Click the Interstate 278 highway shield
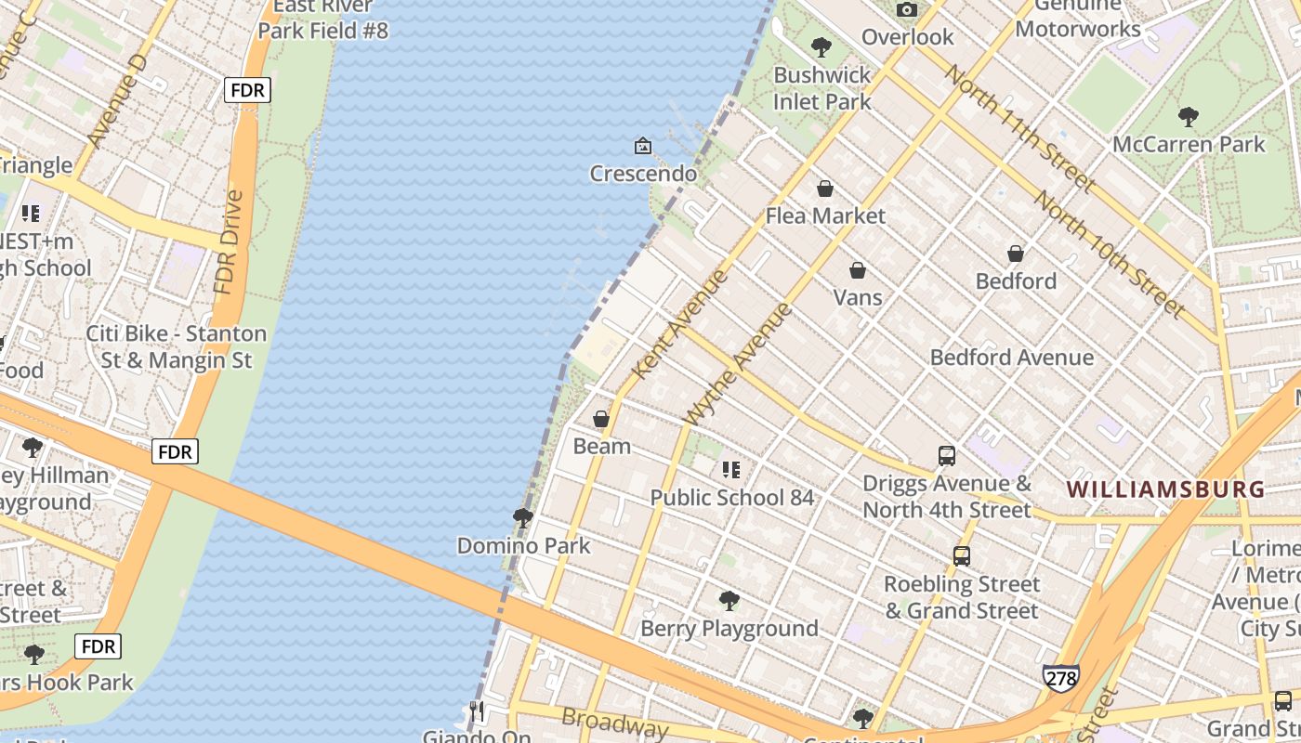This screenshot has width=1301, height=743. pos(1060,678)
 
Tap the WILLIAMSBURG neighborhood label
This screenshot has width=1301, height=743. pos(1165,489)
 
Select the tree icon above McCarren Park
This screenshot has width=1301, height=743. pos(1188,117)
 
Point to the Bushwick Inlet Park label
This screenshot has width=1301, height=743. pos(822,88)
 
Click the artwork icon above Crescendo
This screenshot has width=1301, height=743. pos(642,146)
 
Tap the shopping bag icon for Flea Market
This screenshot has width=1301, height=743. pos(824,189)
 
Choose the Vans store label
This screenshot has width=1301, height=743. pos(858,297)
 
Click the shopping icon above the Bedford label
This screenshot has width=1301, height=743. pos(1016,254)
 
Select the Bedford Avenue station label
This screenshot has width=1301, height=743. pos(1011,358)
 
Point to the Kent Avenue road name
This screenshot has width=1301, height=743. pos(680,324)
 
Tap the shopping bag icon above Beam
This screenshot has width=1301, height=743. pos(601,419)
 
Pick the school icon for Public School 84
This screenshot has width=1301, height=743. pos(731,470)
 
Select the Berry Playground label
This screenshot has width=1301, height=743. pos(729,629)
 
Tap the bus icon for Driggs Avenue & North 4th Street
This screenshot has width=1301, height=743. pos(947,456)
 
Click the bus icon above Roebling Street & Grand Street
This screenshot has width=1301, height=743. pos(962,556)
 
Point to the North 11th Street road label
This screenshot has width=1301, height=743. pos(1018,127)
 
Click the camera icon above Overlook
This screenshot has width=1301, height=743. pos(906,10)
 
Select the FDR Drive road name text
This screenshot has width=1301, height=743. pos(228,242)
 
